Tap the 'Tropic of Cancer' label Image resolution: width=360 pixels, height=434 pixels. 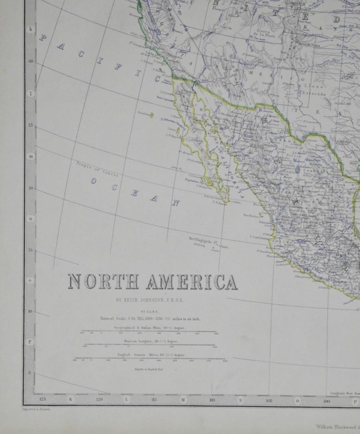click(x=97, y=169)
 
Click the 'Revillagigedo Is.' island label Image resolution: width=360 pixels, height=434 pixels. click(x=205, y=239)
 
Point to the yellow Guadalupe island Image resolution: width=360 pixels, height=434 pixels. click(x=151, y=115)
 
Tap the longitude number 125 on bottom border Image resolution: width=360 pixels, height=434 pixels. click(x=43, y=400)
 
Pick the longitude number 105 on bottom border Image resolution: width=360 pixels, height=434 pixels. click(x=269, y=400)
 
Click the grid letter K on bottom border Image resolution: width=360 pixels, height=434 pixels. click(x=71, y=400)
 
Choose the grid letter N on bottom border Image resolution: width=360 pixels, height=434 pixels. click(x=240, y=400)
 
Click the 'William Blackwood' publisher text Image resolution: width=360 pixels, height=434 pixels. click(x=336, y=427)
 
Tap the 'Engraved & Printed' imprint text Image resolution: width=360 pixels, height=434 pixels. click(x=36, y=409)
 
